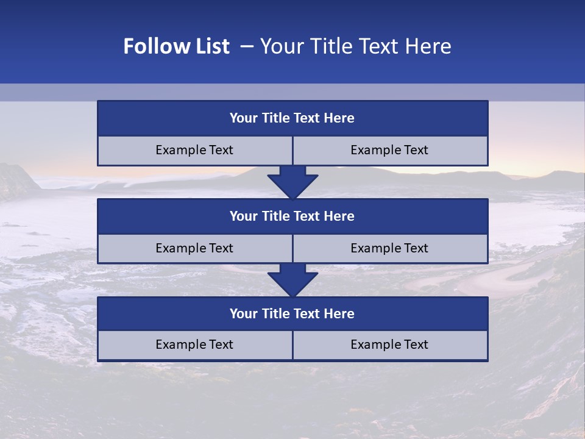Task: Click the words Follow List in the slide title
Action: (x=177, y=46)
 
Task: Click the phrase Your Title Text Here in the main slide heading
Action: (x=356, y=46)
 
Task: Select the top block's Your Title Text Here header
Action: (x=292, y=118)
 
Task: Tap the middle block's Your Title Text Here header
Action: (x=292, y=216)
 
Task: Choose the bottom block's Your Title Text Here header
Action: (x=292, y=314)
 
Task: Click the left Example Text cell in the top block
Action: (x=194, y=151)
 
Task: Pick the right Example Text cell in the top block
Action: (x=389, y=151)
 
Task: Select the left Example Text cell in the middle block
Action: (x=194, y=249)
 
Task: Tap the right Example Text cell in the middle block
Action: (x=389, y=249)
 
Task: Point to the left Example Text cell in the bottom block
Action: (x=194, y=345)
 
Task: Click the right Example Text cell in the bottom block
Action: (x=389, y=345)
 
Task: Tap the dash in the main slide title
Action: (x=247, y=46)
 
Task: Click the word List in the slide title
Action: (x=211, y=46)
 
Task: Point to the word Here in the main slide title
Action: (x=429, y=46)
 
